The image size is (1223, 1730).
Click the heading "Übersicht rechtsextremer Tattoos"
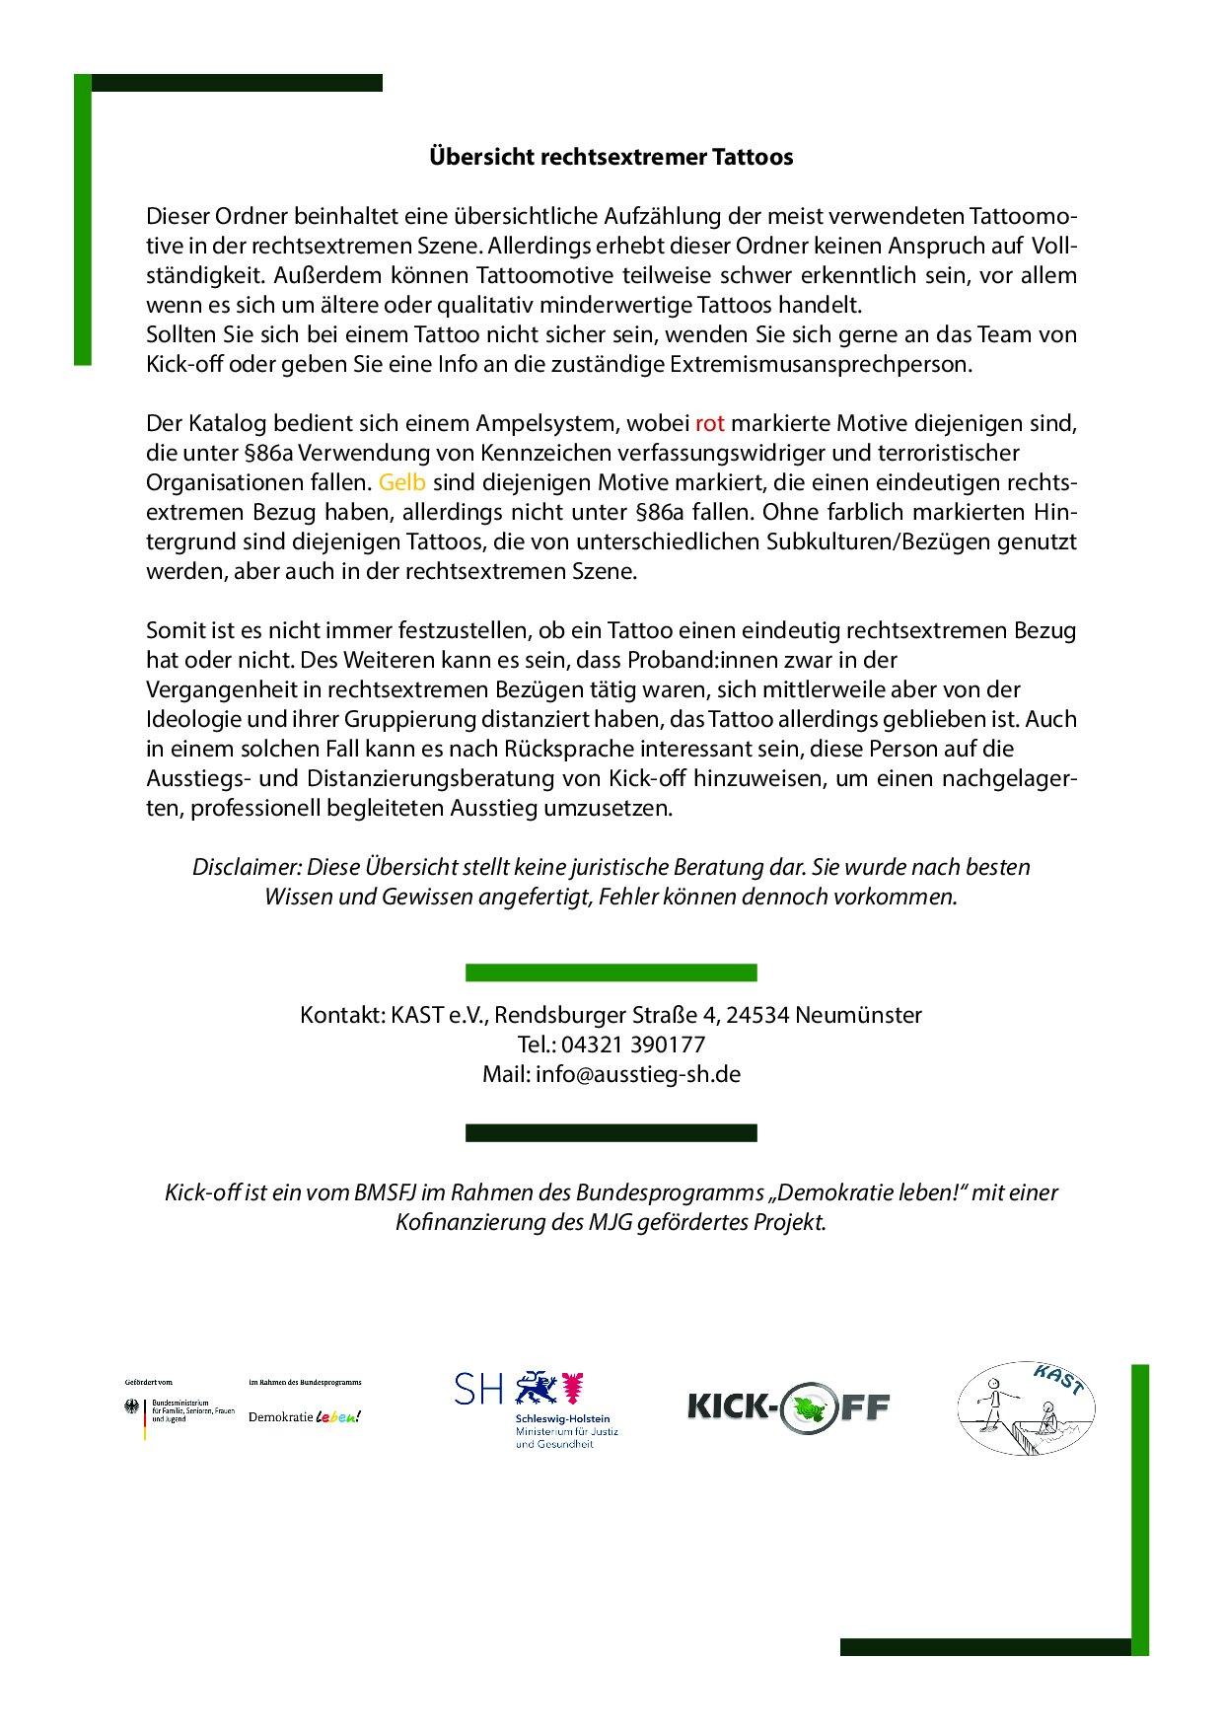611,157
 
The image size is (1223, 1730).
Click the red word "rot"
710,424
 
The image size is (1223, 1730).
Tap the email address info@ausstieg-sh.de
638,1074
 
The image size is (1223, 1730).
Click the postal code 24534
759,1015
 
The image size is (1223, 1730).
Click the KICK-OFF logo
788,1406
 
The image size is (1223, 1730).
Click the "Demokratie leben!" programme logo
305,1416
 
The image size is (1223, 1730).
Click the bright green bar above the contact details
611,973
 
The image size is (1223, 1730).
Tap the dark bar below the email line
611,1132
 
